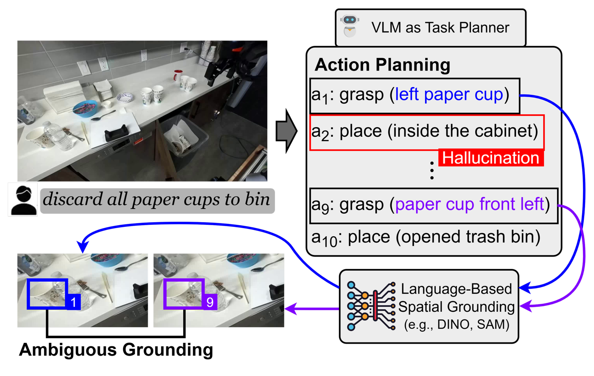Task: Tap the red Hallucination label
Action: [x=491, y=158]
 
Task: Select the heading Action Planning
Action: [x=382, y=65]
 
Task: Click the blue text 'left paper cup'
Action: [x=449, y=94]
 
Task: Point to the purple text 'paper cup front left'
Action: [x=469, y=204]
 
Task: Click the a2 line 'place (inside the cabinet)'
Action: [x=425, y=131]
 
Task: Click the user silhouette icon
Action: [x=23, y=199]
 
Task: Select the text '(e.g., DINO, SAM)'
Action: [x=456, y=325]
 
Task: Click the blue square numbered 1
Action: [x=73, y=302]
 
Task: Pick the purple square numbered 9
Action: [x=210, y=302]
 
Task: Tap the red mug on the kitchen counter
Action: [x=178, y=76]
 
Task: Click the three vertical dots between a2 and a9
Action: [x=431, y=170]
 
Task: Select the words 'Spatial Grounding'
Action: [x=456, y=307]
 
